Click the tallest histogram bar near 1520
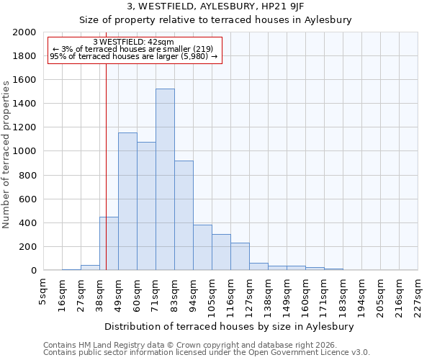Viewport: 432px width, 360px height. [x=165, y=180]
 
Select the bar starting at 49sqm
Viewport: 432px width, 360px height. [x=127, y=202]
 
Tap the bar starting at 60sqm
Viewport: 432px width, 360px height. [x=146, y=206]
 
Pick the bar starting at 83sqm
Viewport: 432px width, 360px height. [x=184, y=215]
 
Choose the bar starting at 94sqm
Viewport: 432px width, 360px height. [x=202, y=248]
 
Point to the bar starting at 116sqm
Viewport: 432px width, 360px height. [x=240, y=256]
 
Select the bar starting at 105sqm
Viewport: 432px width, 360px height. [x=221, y=252]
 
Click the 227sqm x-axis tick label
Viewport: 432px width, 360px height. [x=418, y=292]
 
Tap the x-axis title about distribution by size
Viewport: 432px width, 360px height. [x=234, y=326]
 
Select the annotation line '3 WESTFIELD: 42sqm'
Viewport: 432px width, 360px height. [x=133, y=42]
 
